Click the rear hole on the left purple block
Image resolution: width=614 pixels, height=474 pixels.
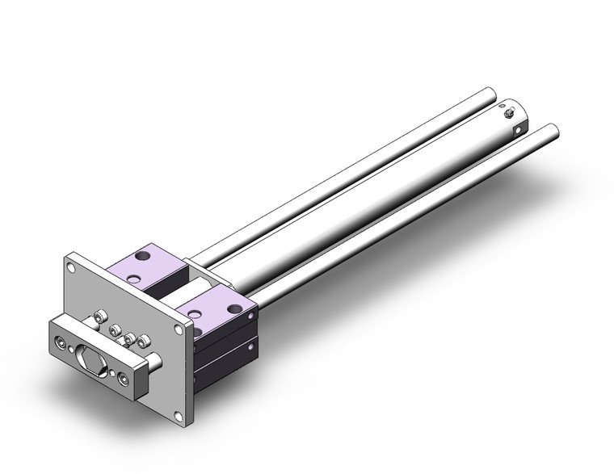pyautogui.click(x=144, y=256)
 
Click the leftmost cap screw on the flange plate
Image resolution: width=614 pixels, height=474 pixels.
pyautogui.click(x=101, y=317)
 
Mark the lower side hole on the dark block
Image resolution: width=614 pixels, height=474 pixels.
pyautogui.click(x=252, y=346)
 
